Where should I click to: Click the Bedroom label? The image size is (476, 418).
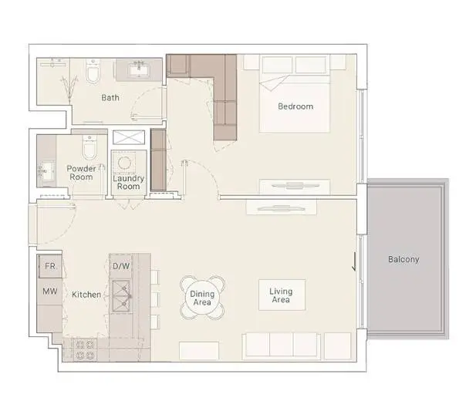click(295, 106)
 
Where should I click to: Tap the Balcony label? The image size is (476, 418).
click(403, 260)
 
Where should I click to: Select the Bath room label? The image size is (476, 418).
click(110, 98)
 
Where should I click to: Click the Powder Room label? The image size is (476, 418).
click(81, 173)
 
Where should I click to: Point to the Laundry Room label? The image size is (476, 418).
click(128, 182)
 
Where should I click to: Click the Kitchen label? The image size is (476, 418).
click(86, 295)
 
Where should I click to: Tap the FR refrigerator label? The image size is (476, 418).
click(50, 266)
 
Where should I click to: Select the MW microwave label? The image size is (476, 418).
click(50, 292)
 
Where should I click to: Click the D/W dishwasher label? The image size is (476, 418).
click(121, 266)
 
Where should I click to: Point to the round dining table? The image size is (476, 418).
click(202, 298)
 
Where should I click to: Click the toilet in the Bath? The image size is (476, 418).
click(93, 71)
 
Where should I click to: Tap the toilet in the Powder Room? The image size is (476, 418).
click(89, 147)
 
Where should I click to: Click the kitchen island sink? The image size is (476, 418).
click(122, 296)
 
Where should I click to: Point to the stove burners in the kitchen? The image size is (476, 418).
click(84, 349)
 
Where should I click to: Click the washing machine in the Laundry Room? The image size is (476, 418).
click(125, 163)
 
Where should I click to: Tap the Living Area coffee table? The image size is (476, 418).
click(282, 295)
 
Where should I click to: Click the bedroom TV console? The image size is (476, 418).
click(295, 186)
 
